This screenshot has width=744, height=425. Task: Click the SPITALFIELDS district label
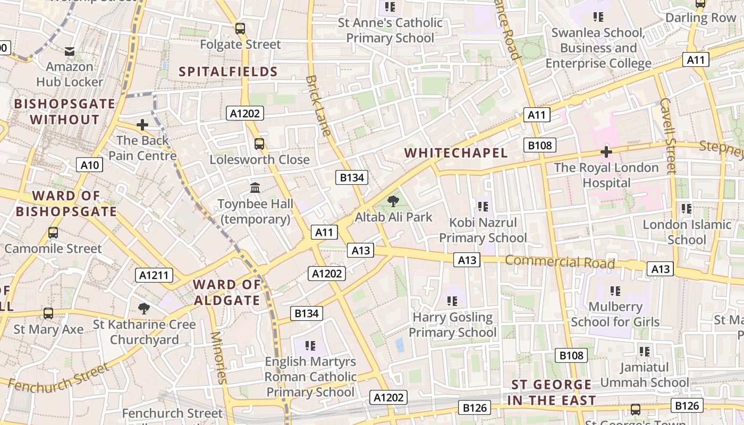pyautogui.click(x=228, y=72)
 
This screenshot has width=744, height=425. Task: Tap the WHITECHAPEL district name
pyautogui.click(x=456, y=153)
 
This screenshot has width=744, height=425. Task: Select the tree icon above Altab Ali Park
pyautogui.click(x=393, y=201)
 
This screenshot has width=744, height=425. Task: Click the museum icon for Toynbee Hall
pyautogui.click(x=255, y=188)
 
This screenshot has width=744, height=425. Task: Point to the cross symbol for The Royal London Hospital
pyautogui.click(x=606, y=152)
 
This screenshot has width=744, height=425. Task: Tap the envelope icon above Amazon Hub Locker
pyautogui.click(x=70, y=52)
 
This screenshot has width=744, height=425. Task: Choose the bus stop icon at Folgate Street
pyautogui.click(x=240, y=29)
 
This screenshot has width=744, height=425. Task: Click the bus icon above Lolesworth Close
pyautogui.click(x=259, y=143)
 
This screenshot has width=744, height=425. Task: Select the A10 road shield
pyautogui.click(x=89, y=165)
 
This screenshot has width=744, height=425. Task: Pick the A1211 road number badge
pyautogui.click(x=154, y=275)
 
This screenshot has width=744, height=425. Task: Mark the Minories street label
pyautogui.click(x=218, y=357)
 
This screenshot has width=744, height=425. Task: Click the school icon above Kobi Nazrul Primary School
pyautogui.click(x=483, y=206)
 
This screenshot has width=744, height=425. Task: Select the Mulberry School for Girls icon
pyautogui.click(x=615, y=291)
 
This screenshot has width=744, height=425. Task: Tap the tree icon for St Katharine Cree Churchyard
pyautogui.click(x=143, y=309)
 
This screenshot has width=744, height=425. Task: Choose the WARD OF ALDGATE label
pyautogui.click(x=227, y=292)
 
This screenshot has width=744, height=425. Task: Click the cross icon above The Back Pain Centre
pyautogui.click(x=142, y=125)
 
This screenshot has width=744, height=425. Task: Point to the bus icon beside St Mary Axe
pyautogui.click(x=48, y=313)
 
